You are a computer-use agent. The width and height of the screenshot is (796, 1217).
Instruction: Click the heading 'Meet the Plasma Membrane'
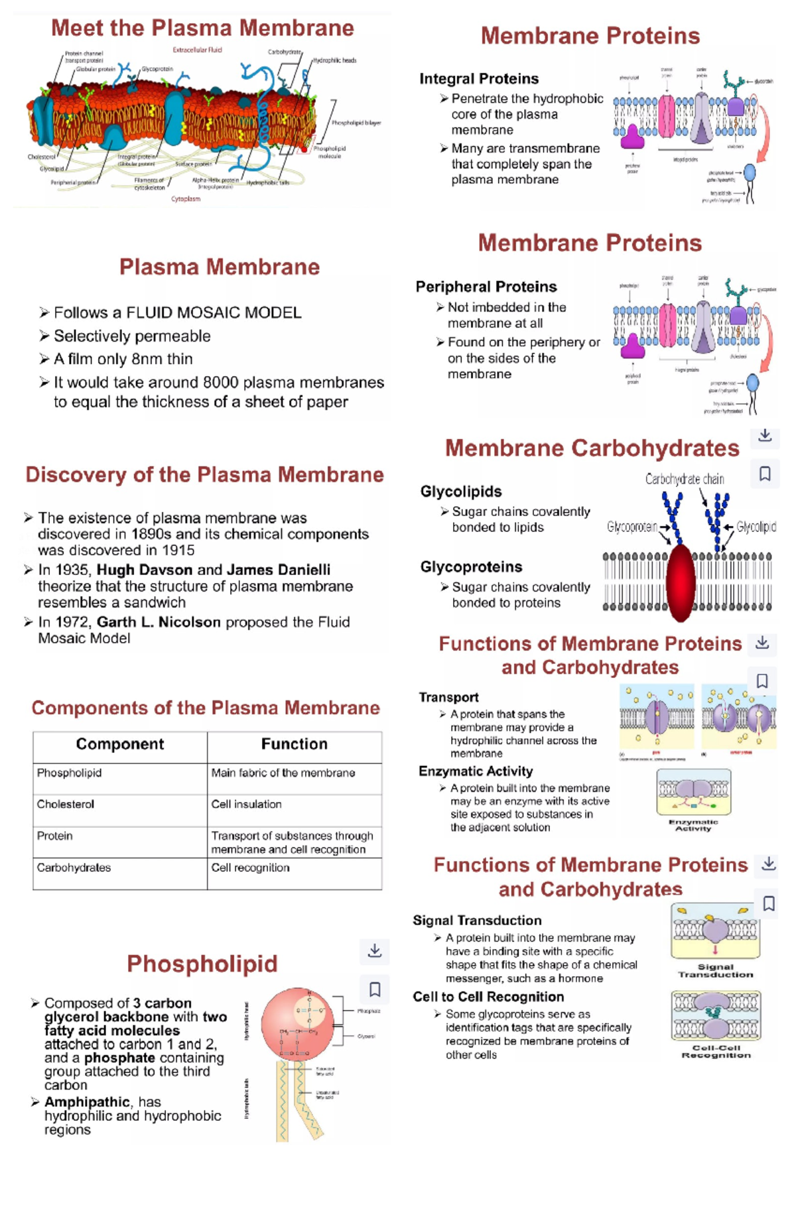point(202,28)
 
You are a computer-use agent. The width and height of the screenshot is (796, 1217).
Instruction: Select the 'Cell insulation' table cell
point(246,804)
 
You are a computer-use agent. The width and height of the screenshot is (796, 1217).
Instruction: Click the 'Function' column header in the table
point(294,744)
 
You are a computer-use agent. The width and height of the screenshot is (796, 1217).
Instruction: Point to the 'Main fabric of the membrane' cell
point(283,773)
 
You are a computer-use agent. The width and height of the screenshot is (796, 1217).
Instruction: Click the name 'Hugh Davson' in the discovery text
point(145,570)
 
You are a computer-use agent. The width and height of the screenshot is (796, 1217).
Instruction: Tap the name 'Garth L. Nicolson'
point(159,622)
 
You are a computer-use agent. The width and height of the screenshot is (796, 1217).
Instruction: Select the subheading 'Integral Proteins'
point(479,79)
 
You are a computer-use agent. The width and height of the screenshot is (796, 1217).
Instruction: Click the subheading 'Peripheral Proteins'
point(486,287)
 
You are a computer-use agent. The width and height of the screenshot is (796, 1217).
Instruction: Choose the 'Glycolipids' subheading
point(461,491)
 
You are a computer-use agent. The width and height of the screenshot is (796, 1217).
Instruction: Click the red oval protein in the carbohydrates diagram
point(680,582)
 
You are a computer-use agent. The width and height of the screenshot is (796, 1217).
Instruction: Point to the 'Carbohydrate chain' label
point(685,479)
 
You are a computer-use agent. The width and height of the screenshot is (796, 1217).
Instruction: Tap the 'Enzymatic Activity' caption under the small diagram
point(693,825)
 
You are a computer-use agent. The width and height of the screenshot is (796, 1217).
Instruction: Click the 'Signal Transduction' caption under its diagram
point(715,971)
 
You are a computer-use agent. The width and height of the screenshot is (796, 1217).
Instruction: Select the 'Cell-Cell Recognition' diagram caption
point(716,1051)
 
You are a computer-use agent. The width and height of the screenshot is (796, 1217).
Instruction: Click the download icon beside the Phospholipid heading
point(375,950)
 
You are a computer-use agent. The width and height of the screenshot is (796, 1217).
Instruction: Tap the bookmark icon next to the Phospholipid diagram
point(375,990)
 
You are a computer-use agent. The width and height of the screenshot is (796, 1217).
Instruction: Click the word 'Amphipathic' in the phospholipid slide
point(87,1102)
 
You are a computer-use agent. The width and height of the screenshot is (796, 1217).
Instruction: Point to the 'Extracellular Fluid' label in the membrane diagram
point(197,50)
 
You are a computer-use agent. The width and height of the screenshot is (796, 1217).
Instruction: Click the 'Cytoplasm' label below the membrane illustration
point(186,199)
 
